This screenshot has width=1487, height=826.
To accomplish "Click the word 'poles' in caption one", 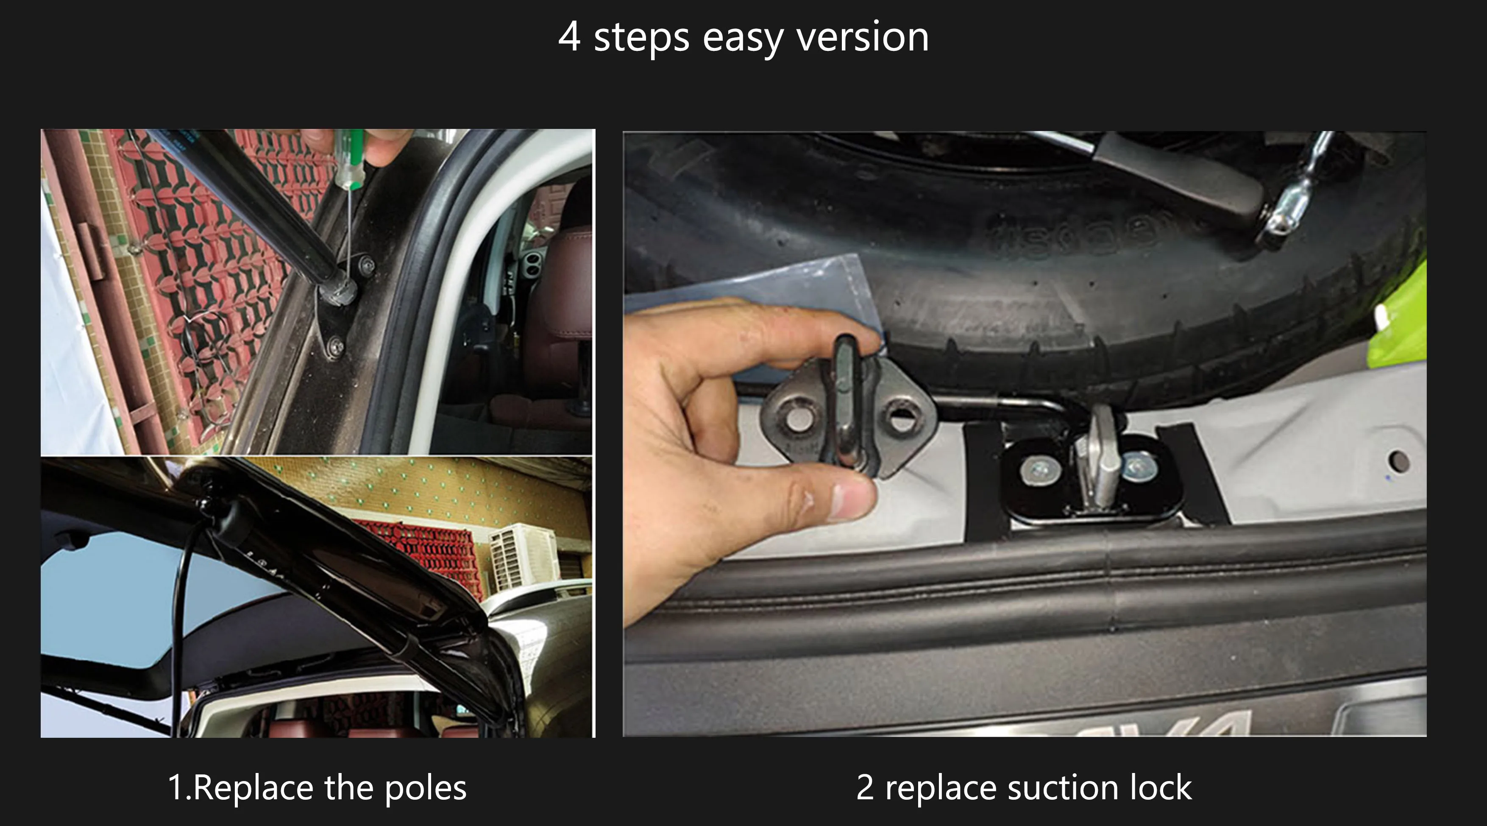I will tap(426, 788).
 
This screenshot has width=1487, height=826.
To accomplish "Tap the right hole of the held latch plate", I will tap(902, 419).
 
